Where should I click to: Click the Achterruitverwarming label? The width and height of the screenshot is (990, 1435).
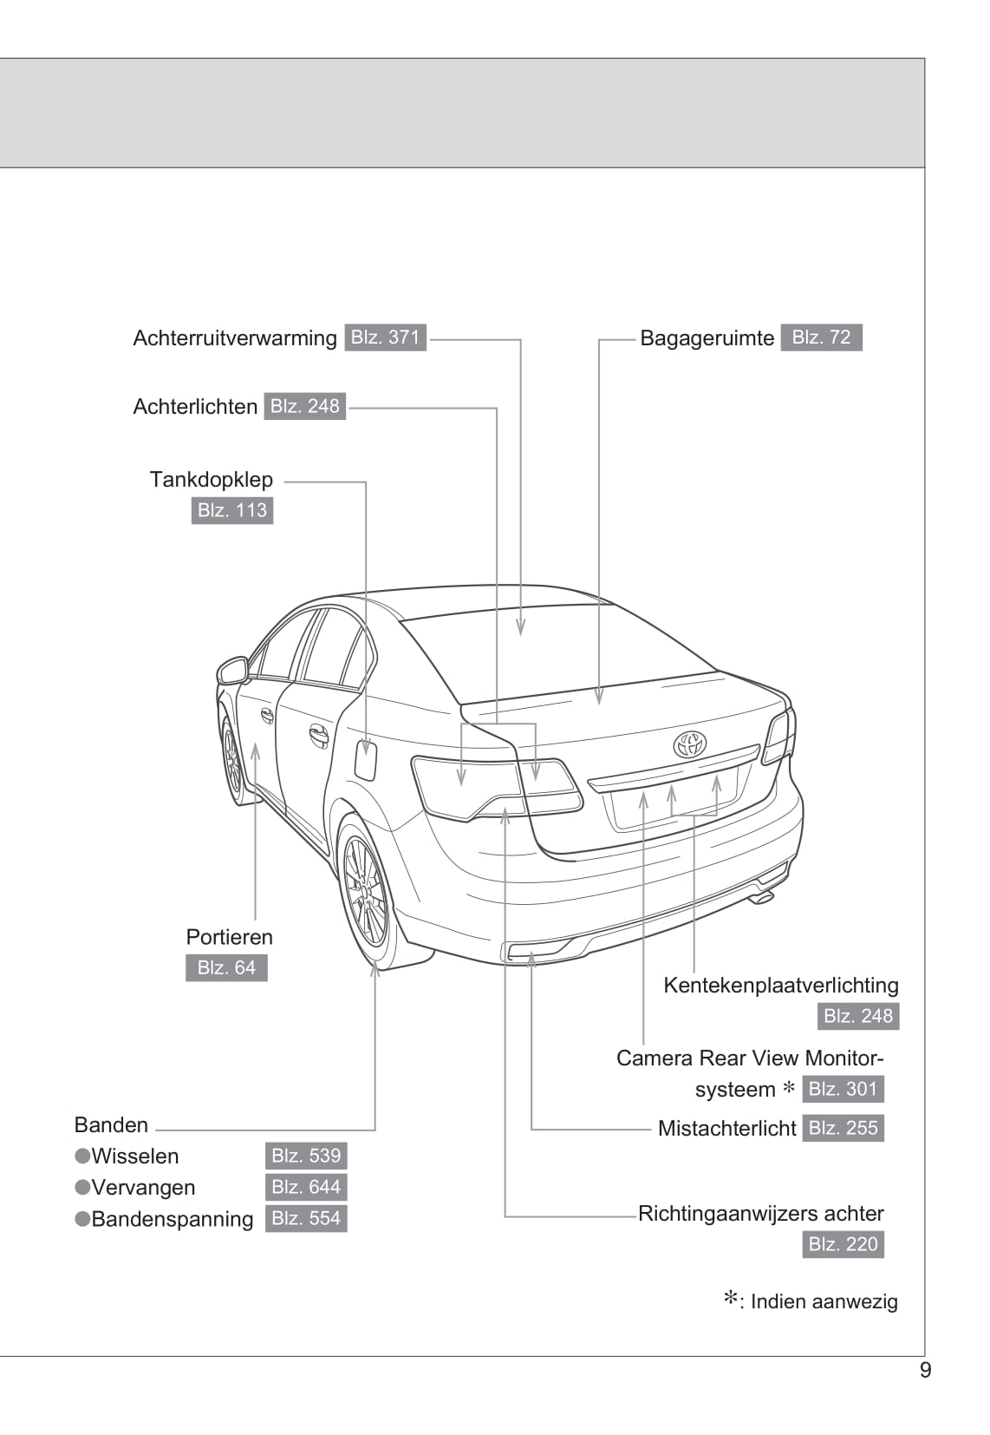click(234, 337)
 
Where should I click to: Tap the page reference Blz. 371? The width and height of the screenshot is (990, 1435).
click(385, 337)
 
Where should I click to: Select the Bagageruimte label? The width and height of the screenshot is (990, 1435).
click(707, 337)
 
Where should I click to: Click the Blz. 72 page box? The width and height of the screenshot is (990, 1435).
click(821, 337)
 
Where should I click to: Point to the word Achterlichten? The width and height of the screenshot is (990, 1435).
click(195, 406)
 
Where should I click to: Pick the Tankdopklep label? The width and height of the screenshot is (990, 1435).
click(211, 479)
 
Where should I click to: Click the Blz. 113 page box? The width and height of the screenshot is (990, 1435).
click(231, 509)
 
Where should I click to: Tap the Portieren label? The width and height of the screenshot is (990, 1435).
click(229, 936)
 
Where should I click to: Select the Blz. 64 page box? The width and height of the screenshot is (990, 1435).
click(226, 967)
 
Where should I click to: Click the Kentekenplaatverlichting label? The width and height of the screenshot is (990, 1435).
click(780, 985)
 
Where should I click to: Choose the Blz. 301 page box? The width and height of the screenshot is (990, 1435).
click(843, 1089)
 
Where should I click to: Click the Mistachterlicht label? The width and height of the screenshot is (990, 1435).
click(726, 1128)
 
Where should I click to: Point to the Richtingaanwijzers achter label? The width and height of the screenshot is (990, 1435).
click(760, 1213)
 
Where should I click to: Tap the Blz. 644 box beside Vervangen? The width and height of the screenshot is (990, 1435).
click(306, 1187)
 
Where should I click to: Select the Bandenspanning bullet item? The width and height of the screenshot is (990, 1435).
click(172, 1218)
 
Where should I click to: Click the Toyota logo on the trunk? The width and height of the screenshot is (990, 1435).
click(690, 744)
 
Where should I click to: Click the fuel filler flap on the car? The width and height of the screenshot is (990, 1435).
click(366, 760)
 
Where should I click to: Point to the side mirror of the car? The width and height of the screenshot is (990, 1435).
click(232, 670)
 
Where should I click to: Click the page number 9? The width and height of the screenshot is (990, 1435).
click(925, 1370)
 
